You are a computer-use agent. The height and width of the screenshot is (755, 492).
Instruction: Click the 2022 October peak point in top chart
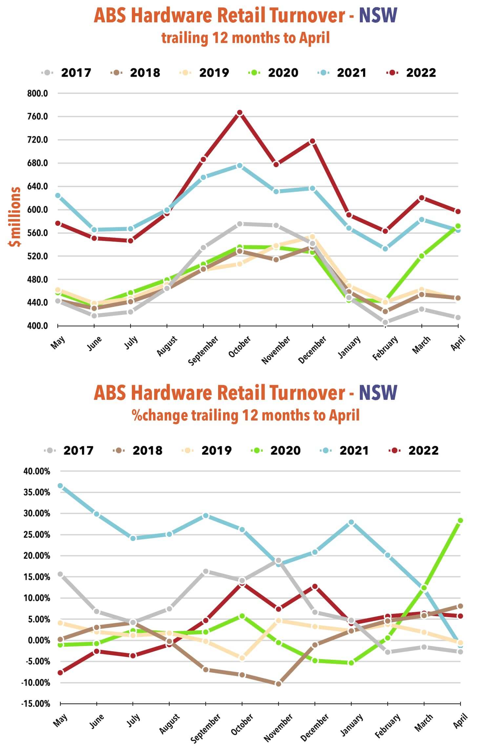(x=240, y=113)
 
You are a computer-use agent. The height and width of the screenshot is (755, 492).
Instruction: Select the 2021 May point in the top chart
(x=58, y=195)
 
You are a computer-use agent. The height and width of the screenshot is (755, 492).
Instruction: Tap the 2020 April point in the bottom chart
(x=460, y=520)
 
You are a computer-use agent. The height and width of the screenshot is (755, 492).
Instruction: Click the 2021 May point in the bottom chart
(x=60, y=485)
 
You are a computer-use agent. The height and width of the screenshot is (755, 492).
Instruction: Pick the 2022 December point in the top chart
(x=313, y=141)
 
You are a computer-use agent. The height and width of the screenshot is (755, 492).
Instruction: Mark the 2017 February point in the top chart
(x=385, y=322)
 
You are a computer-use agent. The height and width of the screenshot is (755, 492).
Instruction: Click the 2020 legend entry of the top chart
(x=274, y=73)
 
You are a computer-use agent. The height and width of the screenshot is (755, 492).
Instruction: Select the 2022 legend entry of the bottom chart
(x=414, y=450)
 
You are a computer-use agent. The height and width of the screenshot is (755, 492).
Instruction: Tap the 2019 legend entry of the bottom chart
(x=207, y=450)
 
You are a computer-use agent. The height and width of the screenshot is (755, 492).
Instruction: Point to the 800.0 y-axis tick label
(x=37, y=94)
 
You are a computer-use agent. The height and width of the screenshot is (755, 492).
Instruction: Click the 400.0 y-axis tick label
(x=37, y=326)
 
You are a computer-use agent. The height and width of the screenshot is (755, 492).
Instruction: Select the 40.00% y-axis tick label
(x=37, y=471)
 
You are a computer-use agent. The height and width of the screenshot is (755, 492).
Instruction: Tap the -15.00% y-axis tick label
(x=36, y=704)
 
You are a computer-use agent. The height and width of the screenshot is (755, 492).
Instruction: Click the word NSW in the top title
(x=378, y=15)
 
